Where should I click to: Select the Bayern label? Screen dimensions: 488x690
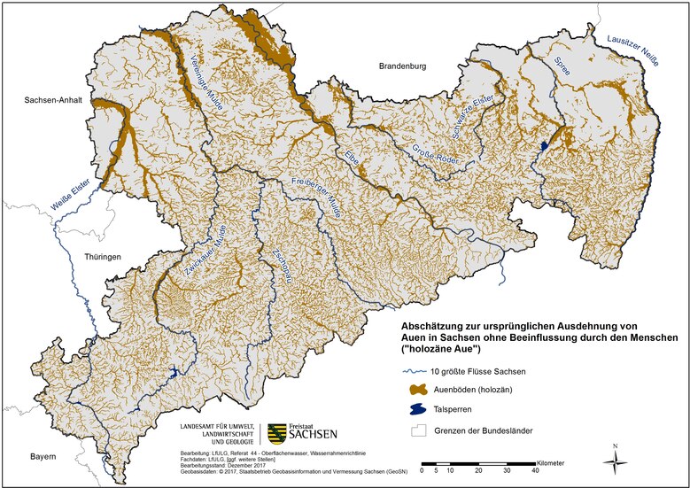tap(40, 457)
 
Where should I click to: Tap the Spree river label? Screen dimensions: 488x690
tap(561, 65)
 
